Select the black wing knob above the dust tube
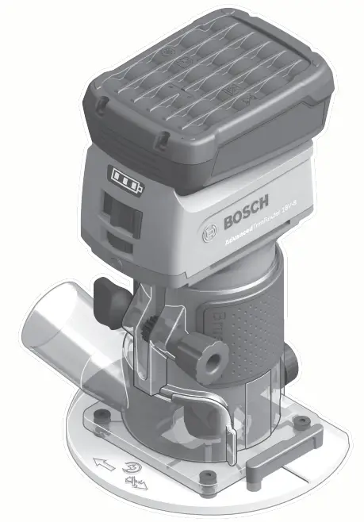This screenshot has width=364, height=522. click(106, 297)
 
